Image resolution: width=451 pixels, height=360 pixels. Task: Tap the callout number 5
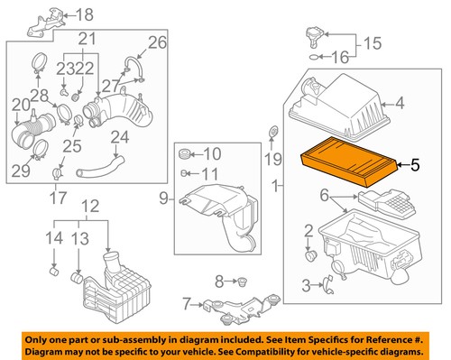click(x=414, y=165)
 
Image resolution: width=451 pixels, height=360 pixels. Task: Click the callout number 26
click(x=157, y=42)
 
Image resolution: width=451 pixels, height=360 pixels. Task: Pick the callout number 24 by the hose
click(x=119, y=138)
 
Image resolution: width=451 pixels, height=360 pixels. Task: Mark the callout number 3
click(x=307, y=286)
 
